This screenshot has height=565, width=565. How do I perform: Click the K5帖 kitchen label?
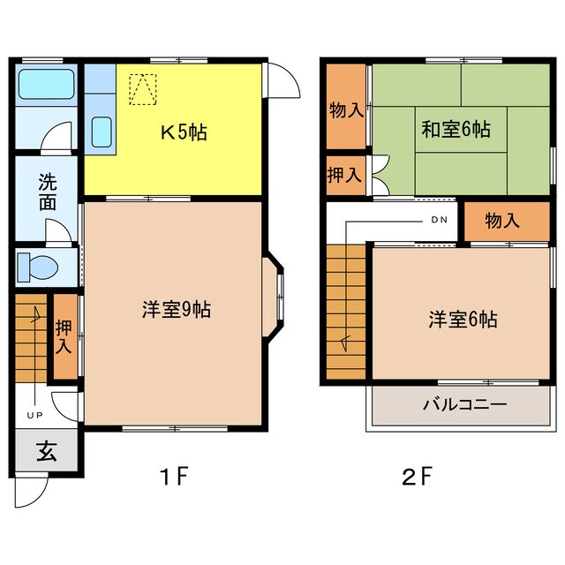[183, 134]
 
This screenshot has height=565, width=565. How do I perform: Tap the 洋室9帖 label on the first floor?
[176, 310]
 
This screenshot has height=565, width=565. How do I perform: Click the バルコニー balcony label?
[463, 407]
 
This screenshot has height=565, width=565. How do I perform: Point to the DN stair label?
[439, 220]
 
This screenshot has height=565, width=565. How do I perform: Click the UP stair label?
[35, 415]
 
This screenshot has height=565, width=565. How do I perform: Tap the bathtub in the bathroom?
[49, 86]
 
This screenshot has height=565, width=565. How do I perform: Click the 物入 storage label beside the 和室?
[345, 110]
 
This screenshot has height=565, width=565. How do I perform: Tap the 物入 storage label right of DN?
[501, 221]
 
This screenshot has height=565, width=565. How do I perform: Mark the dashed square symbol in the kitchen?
[140, 87]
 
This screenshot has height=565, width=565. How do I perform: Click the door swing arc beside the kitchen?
[282, 82]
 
